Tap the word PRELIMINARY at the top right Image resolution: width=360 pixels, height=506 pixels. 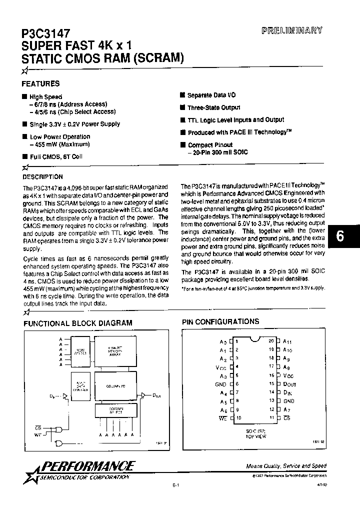pyautogui.click(x=292, y=30)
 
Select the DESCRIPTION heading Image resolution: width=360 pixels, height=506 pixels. pyautogui.click(x=43, y=176)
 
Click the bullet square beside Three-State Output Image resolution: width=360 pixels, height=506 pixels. pyautogui.click(x=183, y=107)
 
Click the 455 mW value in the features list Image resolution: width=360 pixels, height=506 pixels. pyautogui.click(x=41, y=144)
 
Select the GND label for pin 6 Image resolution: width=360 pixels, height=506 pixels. pyautogui.click(x=221, y=384)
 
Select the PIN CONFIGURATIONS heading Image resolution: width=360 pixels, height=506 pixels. pyautogui.click(x=220, y=321)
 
